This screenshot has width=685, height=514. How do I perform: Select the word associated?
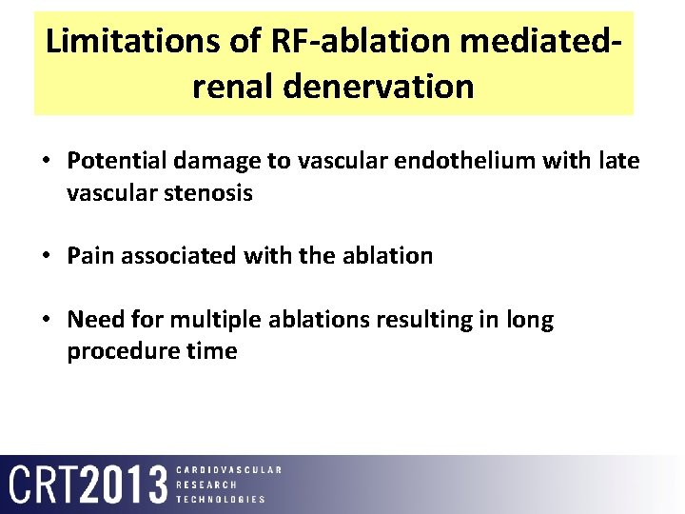pos(175,256)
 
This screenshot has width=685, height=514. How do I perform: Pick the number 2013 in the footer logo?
pos(124,484)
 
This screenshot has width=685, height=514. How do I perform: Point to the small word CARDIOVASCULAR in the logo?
pos(229,469)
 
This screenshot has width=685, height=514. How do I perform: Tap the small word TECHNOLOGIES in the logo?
pos(222,499)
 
